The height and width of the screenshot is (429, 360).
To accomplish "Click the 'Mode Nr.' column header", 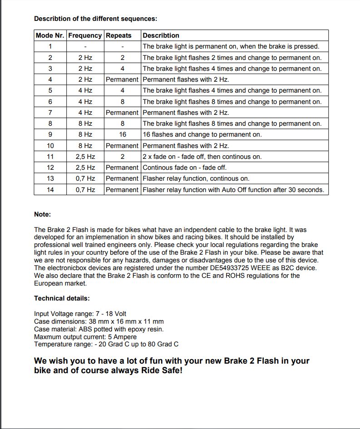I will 50,35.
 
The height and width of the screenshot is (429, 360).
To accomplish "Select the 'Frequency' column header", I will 85,35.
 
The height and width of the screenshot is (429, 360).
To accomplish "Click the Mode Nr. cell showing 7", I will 50,113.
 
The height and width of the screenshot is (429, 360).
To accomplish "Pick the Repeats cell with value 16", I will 122,134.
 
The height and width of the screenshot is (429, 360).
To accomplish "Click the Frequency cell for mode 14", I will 85,190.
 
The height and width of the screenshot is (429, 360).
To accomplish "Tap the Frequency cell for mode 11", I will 85,157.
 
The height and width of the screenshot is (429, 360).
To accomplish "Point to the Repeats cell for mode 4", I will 122,79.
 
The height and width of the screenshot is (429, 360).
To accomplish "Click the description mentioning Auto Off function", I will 233,190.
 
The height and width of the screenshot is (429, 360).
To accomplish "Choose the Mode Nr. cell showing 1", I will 50,46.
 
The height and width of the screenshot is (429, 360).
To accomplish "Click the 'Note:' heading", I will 43,214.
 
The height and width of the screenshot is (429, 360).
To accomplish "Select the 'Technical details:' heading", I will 62,298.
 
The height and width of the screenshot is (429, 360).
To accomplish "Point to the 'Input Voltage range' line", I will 80,314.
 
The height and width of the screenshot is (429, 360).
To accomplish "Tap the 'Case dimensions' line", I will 99,321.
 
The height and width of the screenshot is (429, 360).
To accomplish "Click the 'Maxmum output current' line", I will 85,337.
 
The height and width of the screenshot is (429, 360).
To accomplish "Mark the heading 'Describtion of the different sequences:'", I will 96,19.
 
